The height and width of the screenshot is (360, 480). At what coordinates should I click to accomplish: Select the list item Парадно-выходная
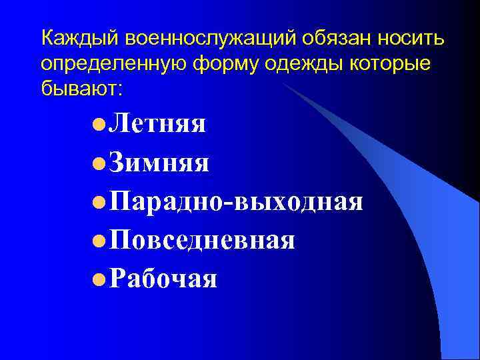tap(237, 201)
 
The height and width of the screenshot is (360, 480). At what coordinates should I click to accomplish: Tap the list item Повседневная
tap(203, 239)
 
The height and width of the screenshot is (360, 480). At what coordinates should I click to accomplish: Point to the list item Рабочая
tap(163, 278)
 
